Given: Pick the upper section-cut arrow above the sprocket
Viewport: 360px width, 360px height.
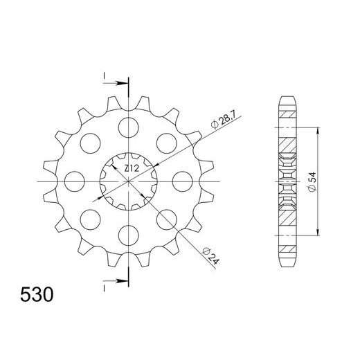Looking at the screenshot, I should click(x=119, y=84).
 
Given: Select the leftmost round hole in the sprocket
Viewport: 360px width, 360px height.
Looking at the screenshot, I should click(x=74, y=181).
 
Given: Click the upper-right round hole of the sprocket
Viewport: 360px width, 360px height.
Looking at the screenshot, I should click(x=167, y=143).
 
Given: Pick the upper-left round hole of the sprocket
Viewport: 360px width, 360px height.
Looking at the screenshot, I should click(x=90, y=143).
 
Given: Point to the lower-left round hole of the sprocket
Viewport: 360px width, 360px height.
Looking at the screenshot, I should click(x=90, y=220).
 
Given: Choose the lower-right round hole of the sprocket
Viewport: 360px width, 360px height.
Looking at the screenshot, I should click(x=167, y=220).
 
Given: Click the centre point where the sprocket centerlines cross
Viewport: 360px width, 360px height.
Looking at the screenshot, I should click(x=129, y=181).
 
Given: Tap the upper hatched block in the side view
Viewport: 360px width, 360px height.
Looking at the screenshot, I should click(x=286, y=147).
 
